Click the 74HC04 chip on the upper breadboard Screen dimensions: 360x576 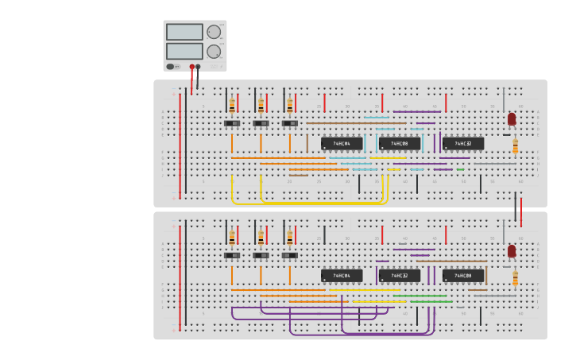click(342, 144)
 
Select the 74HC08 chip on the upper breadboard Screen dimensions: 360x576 click(400, 144)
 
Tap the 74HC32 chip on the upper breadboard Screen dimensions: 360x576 click(463, 144)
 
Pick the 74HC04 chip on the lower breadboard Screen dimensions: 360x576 click(342, 276)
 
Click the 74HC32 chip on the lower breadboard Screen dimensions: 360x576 click(400, 276)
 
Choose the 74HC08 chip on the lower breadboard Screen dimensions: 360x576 click(463, 276)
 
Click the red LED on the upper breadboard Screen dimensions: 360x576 click(512, 119)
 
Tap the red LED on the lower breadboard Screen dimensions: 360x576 click(512, 251)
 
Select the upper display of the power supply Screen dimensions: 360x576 click(184, 32)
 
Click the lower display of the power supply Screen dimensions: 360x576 click(184, 51)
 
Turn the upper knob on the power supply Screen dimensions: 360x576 click(214, 32)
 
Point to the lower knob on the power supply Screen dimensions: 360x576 click(214, 52)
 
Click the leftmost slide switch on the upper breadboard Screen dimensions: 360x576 click(232, 123)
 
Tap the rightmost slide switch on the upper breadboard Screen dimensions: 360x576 click(290, 123)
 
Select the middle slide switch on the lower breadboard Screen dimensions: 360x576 click(261, 255)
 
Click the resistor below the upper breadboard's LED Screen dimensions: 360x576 click(515, 146)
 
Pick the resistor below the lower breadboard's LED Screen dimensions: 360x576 click(515, 278)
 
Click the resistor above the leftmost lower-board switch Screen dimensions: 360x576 click(232, 237)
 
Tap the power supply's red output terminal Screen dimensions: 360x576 click(191, 67)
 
